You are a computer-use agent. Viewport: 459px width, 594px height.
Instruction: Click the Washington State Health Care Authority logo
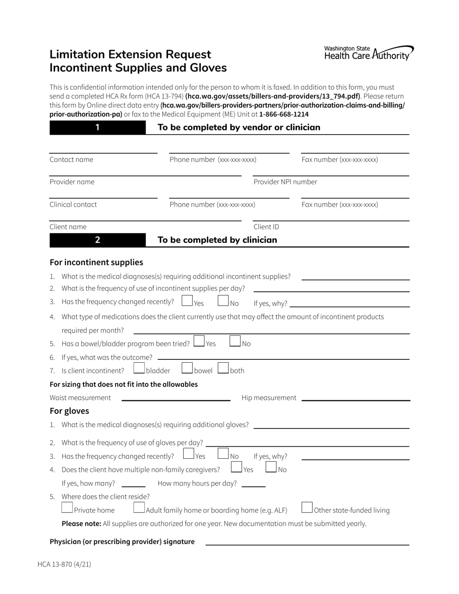(369, 53)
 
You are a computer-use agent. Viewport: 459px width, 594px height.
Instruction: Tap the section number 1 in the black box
(97, 127)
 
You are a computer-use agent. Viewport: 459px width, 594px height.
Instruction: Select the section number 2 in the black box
(97, 240)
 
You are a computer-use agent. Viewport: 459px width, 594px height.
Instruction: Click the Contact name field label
(72, 160)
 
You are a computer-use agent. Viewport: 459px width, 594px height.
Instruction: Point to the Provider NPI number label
(285, 182)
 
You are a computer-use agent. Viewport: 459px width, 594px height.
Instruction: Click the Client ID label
(266, 227)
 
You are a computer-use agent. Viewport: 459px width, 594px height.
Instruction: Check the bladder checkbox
(139, 368)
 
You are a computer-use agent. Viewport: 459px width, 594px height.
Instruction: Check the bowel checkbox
(187, 368)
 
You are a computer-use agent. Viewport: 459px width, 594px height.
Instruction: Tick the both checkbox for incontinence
(223, 368)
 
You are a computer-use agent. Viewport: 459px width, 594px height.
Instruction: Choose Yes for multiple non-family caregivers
(236, 467)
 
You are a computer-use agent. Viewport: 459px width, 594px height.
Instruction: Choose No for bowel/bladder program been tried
(235, 341)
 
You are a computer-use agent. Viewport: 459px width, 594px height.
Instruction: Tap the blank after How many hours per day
(253, 486)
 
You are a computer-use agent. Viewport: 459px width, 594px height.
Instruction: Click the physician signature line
(307, 544)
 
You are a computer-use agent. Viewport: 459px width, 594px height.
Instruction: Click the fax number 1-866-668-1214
(284, 114)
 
